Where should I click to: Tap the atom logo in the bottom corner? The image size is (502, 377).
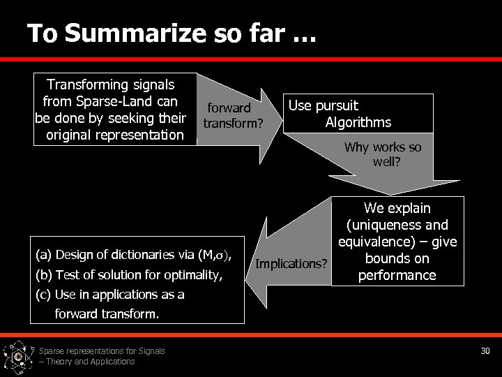pos(17,357)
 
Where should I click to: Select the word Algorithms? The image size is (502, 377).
pos(358,122)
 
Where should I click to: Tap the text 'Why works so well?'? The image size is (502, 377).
pos(383,155)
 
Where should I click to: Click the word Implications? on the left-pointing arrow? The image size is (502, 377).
pos(291,263)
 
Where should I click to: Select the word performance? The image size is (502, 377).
pos(397,275)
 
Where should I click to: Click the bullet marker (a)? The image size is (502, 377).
pos(43,254)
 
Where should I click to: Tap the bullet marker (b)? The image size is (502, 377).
pos(43,274)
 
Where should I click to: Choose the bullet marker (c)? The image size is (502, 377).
pos(43,294)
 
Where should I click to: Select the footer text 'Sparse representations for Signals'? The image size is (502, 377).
pos(102,350)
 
